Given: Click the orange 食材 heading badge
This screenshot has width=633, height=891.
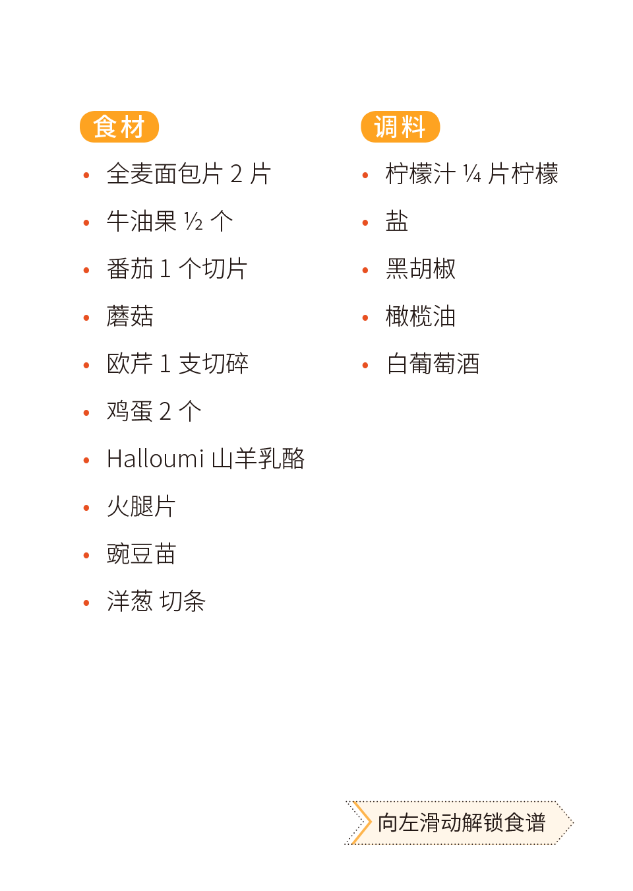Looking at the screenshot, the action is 119,127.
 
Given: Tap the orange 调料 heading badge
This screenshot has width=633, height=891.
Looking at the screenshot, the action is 400,127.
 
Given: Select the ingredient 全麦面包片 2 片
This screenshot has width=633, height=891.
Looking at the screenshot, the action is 188,174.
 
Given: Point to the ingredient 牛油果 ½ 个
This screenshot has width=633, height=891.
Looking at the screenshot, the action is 169,221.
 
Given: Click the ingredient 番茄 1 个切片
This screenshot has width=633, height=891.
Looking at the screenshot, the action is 177,269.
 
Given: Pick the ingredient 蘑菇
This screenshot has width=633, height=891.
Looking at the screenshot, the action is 130,317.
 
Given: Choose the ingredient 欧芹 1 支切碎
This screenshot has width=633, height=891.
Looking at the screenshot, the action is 177,364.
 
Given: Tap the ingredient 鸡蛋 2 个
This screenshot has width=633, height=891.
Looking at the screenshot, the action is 154,412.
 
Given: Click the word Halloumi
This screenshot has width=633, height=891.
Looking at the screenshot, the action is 156,459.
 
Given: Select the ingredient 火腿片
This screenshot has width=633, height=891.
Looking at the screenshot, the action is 141,507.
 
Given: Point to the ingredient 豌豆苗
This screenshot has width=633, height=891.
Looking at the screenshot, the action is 141,554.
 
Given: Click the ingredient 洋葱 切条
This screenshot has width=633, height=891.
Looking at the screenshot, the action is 156,601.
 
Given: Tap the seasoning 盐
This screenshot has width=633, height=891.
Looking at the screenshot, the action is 397,221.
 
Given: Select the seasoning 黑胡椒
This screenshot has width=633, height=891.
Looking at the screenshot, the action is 421,269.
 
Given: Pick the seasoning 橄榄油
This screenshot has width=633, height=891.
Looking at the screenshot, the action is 421,317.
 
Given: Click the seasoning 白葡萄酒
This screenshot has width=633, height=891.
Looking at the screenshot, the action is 433,364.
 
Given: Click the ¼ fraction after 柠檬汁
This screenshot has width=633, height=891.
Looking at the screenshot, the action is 471,174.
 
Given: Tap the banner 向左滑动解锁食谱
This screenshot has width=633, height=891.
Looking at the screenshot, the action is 462,823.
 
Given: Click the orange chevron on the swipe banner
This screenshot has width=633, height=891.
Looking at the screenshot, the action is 359,822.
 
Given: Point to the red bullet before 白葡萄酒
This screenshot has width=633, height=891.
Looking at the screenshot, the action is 365,365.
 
